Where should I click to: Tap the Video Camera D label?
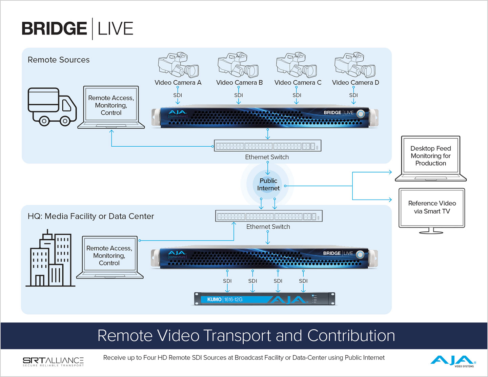coord(355,83)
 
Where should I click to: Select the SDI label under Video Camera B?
coord(239,95)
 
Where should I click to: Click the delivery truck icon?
coord(52,107)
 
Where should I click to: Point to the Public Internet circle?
coord(268,185)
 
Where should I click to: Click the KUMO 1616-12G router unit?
coord(264,299)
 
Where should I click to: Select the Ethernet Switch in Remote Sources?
coord(267,146)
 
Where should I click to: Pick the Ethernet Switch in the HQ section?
coord(269,216)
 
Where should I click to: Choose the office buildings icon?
coord(50,259)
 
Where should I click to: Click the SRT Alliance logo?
coord(53,361)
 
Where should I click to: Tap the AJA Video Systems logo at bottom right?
coord(453,361)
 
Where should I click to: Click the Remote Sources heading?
coord(59,60)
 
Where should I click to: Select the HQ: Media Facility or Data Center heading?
coord(91,216)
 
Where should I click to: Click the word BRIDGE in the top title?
coord(54,28)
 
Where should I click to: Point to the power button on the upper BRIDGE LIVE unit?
coord(361,114)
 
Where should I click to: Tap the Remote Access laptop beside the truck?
coord(111,107)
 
